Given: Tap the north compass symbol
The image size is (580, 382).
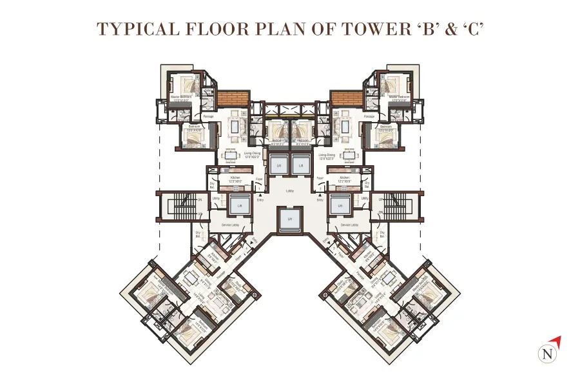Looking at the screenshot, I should tap(548, 353).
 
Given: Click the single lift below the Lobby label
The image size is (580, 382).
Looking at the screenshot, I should tap(290, 219).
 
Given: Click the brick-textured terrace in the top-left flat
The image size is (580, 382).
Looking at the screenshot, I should tap(233, 99).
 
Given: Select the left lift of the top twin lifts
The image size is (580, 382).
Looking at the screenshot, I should tap(278, 166).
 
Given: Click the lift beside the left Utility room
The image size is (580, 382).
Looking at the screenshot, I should tap(238, 206).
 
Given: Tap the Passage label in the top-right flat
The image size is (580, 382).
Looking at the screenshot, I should tap(369, 117).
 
